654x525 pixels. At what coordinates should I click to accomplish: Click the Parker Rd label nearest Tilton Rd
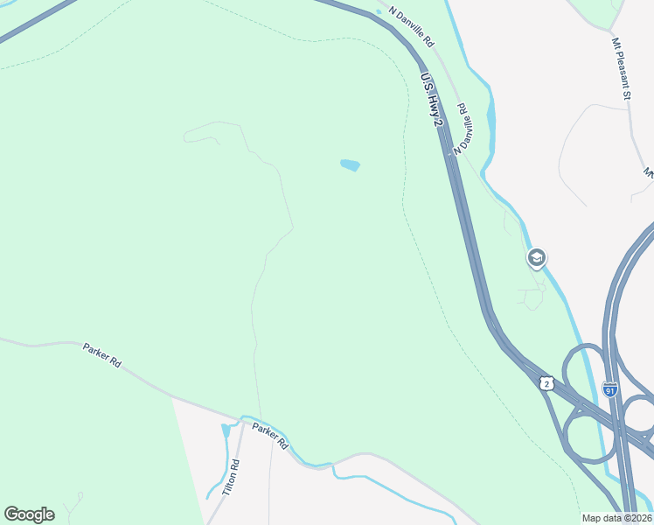[270, 435]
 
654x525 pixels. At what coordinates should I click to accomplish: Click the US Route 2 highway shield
[546, 383]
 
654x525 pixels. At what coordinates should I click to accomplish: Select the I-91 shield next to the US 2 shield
[610, 388]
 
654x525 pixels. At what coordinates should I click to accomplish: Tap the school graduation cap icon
[536, 258]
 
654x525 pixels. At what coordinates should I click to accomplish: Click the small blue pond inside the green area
[350, 164]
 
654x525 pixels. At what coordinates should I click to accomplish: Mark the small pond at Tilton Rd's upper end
[226, 430]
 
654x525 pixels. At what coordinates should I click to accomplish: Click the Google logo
[29, 514]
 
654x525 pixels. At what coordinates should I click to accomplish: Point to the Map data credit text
[616, 518]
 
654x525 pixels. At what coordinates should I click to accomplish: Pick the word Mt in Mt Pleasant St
[616, 43]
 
